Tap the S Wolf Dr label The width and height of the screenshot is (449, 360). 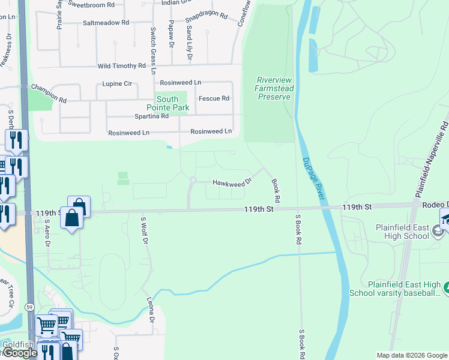tap(144, 230)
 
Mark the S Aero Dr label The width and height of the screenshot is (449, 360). tap(47, 233)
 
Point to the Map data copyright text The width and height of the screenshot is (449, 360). tap(411, 355)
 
